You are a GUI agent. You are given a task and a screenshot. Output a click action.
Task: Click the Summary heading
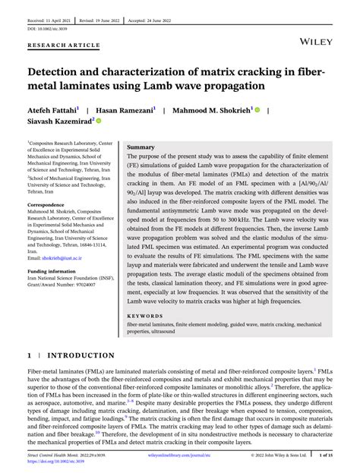tap(141, 147)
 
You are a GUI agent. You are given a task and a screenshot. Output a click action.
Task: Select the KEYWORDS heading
tap(144, 315)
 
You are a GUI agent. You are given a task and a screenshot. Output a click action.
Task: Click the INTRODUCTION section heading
tap(82, 355)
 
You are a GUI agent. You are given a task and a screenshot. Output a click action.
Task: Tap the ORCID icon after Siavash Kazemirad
tap(99, 121)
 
